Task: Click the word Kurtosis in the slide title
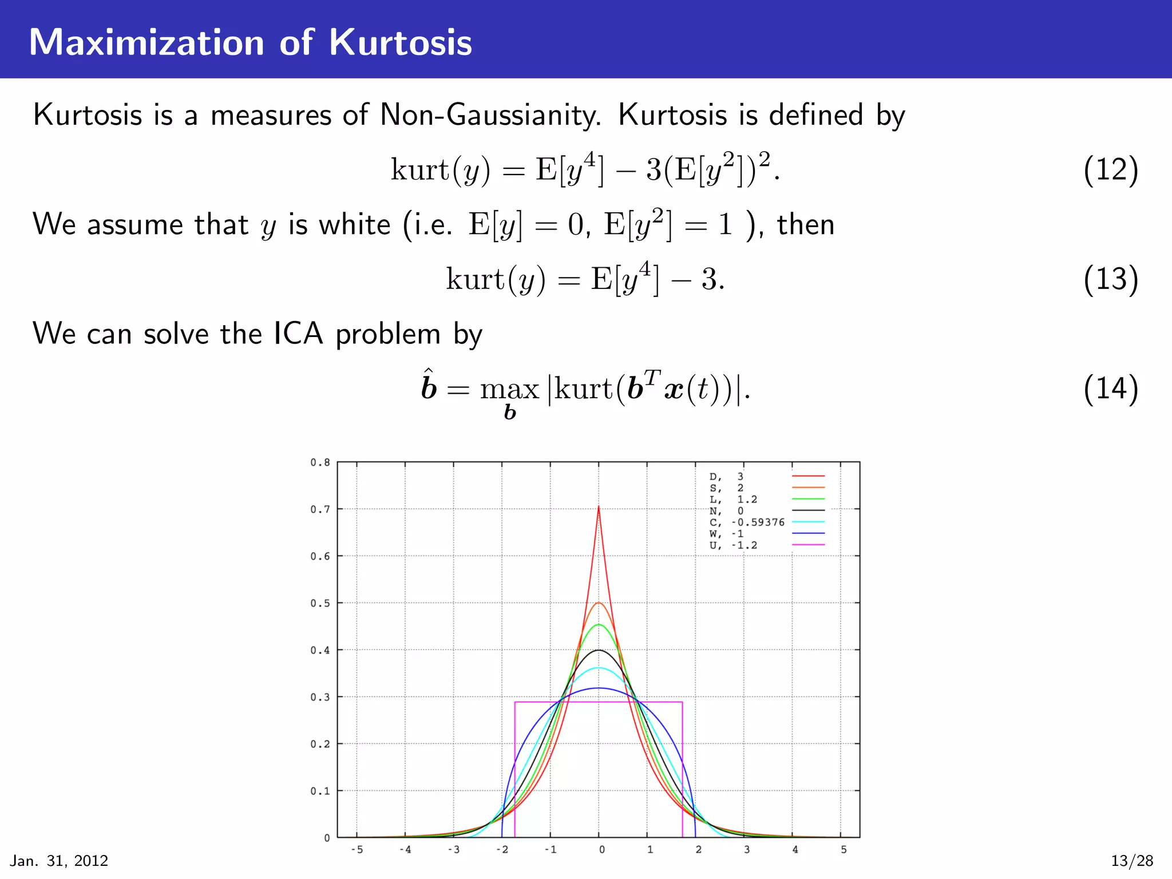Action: pyautogui.click(x=400, y=42)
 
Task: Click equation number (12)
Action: pyautogui.click(x=1111, y=170)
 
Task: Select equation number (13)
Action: pyautogui.click(x=1111, y=279)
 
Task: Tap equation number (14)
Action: pyautogui.click(x=1111, y=389)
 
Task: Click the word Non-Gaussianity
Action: pyautogui.click(x=490, y=115)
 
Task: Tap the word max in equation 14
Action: pyautogui.click(x=509, y=390)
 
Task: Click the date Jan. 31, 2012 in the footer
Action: pyautogui.click(x=60, y=861)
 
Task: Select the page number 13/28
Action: pyautogui.click(x=1132, y=861)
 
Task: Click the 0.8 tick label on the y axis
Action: pyautogui.click(x=320, y=462)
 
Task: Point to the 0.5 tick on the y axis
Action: pyautogui.click(x=320, y=603)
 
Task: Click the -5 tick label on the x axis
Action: pyautogui.click(x=357, y=850)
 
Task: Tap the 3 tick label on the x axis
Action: pyautogui.click(x=747, y=850)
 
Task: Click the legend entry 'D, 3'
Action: pyautogui.click(x=727, y=477)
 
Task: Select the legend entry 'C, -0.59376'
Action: pyautogui.click(x=747, y=522)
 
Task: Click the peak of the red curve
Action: pyautogui.click(x=599, y=507)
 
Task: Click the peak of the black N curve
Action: pyautogui.click(x=599, y=650)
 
